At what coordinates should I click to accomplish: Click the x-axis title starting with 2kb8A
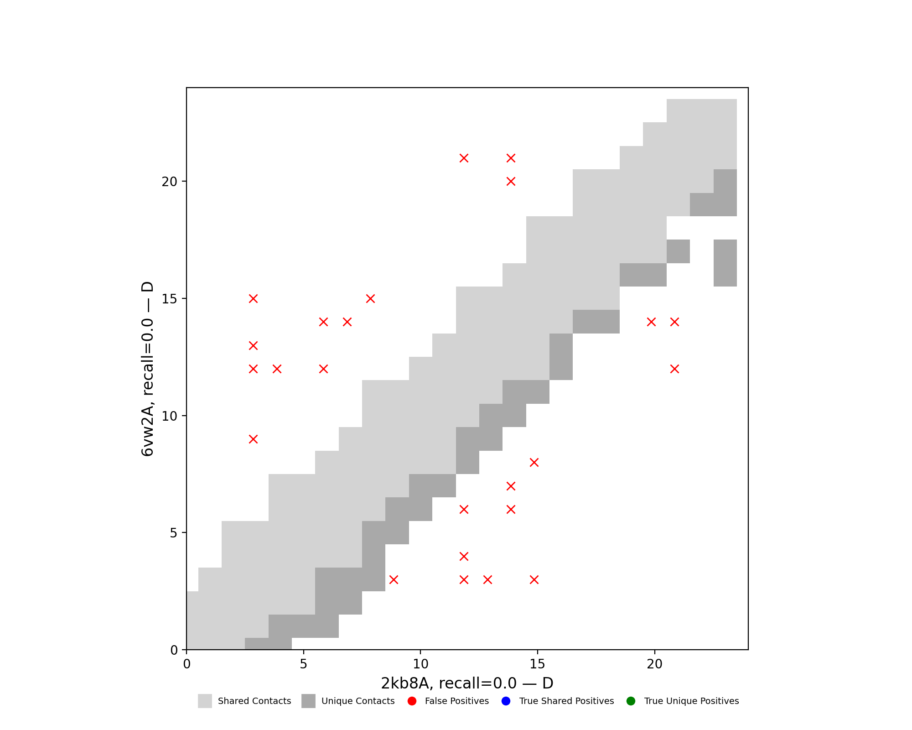point(467,683)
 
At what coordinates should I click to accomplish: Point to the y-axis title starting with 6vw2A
point(147,369)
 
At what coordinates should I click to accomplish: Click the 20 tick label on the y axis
point(169,182)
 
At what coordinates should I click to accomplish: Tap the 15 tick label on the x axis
point(538,664)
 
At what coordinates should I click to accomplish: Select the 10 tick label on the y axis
point(169,416)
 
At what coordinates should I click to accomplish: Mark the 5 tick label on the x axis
point(304,664)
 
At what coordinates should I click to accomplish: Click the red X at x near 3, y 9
point(254,439)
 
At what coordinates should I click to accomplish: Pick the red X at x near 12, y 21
point(464,158)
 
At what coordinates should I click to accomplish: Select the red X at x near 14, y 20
point(511,182)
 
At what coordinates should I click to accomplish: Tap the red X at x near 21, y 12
point(674,369)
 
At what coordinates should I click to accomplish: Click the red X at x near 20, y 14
point(651,322)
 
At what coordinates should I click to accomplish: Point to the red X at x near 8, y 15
point(370,299)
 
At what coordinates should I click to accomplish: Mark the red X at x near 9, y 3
point(394,579)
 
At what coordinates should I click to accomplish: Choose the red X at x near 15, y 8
point(534,462)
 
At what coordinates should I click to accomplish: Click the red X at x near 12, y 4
point(464,556)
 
